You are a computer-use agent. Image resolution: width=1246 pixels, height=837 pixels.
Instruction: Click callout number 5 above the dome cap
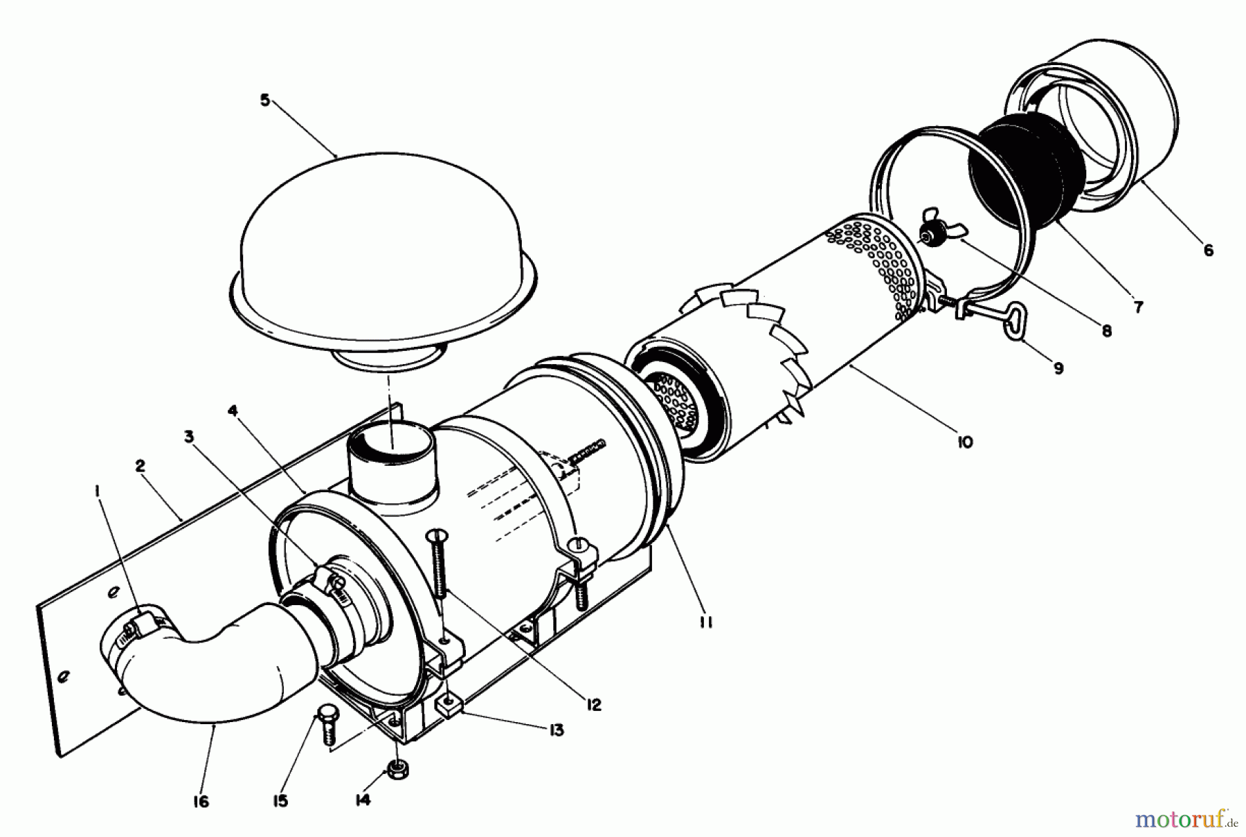coord(264,100)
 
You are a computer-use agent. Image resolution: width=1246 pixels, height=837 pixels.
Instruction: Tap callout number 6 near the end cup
coord(1207,251)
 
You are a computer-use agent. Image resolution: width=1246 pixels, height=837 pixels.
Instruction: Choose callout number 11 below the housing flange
coord(705,622)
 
